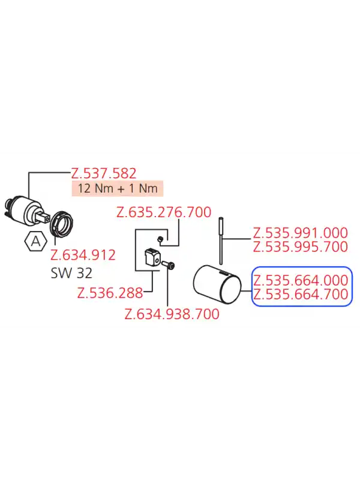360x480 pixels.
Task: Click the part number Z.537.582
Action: coord(103,173)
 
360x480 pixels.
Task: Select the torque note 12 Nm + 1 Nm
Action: coord(118,188)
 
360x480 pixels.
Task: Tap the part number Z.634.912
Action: coord(83,255)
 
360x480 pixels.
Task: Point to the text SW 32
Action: coord(71,273)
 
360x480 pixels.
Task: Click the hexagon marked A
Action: coord(35,242)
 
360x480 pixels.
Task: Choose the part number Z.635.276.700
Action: coord(164,212)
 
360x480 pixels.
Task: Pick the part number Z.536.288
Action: coord(110,293)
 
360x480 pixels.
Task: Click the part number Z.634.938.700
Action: coord(172,314)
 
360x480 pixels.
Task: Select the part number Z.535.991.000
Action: coord(301,233)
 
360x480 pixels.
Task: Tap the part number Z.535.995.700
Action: coord(301,247)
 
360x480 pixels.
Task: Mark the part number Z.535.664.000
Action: coord(301,280)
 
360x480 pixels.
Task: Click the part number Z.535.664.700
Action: coord(301,294)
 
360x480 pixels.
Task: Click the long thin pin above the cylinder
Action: coord(221,241)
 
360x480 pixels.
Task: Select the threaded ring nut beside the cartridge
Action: coord(63,225)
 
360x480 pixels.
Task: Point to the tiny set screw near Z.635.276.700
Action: coord(160,239)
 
